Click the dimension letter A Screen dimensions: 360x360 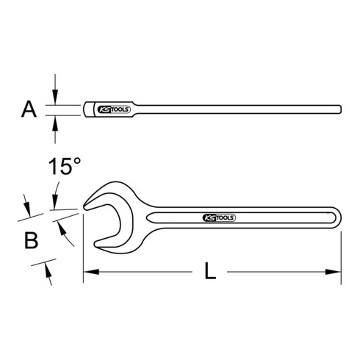[x=29, y=110]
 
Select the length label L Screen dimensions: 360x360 [x=210, y=273]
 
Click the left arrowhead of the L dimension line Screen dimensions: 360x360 [x=88, y=273]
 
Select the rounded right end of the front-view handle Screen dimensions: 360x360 [x=338, y=218]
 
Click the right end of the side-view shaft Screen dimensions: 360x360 [x=339, y=110]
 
